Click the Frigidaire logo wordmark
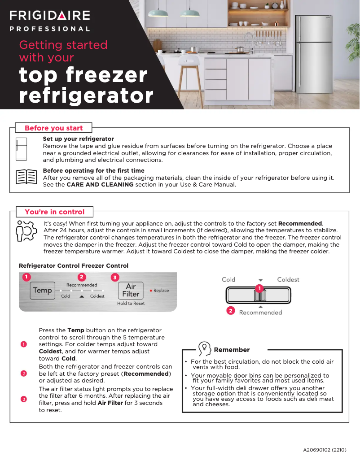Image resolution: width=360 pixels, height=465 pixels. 50,15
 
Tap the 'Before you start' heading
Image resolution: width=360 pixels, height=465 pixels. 53,128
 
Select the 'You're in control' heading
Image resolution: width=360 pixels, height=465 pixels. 54,212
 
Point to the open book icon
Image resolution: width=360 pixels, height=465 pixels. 26,177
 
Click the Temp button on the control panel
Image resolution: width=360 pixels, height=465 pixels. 42,290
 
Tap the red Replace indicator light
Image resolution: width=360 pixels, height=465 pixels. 151,291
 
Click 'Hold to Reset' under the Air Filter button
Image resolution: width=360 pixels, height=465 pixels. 131,304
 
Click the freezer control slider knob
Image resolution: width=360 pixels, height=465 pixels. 259,295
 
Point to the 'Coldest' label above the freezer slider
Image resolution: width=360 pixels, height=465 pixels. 288,279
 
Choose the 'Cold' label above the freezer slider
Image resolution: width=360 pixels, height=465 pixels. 228,279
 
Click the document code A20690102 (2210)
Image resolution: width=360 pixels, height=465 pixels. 325,449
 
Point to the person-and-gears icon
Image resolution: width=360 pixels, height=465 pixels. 26,230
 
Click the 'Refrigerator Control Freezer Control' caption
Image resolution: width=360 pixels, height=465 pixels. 74,265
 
